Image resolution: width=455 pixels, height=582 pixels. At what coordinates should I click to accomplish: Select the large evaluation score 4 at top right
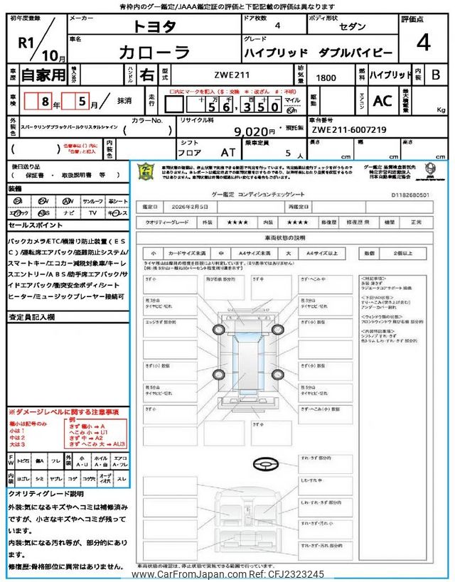coord(423,44)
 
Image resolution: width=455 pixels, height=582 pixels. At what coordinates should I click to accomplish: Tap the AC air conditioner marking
coord(382,102)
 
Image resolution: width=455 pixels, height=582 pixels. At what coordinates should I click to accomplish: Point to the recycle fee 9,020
coord(254,131)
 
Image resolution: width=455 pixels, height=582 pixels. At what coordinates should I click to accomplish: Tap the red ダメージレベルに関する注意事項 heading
coord(64,412)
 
